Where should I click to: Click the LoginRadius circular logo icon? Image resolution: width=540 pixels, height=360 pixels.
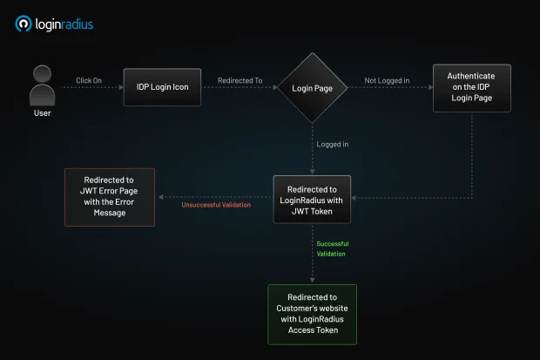pos(24,24)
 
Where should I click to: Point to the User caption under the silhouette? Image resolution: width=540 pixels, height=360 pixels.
pos(42,113)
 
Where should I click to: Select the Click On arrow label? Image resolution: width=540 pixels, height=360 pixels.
pos(89,80)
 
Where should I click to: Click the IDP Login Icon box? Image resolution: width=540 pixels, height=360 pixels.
pos(162,87)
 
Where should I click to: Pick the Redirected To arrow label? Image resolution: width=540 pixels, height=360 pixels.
pos(240,80)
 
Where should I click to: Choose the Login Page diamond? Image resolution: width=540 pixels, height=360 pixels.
pos(313,87)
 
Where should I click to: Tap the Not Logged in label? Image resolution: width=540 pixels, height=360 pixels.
pos(387,80)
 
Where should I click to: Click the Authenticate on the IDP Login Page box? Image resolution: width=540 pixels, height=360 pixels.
pos(472,87)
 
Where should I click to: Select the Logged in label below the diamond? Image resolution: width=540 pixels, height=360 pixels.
pos(333,144)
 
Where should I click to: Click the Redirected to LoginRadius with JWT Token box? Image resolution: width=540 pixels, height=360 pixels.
pos(313,200)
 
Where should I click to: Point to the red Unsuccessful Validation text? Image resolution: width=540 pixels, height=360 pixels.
pos(216,206)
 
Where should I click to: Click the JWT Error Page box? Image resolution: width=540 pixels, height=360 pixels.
pos(111,197)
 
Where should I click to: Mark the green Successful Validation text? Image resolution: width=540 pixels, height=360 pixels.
pos(331,248)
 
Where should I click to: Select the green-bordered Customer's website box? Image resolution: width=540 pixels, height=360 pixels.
pos(313,314)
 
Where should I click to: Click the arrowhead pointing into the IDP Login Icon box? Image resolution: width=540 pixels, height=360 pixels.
pos(120,87)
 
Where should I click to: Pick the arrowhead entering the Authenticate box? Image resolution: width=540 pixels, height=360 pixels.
pos(429,87)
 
